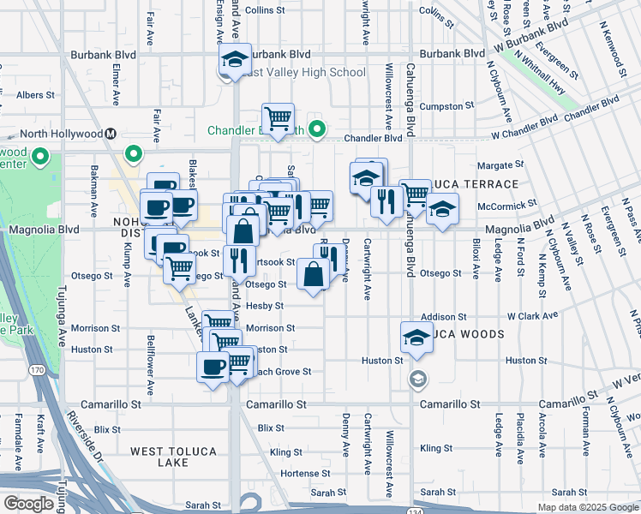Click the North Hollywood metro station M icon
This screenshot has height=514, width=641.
tap(111, 134)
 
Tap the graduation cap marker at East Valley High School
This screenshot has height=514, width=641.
tap(232, 59)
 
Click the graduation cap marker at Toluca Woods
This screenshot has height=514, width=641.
tap(416, 337)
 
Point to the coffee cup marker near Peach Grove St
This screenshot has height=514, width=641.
tap(212, 367)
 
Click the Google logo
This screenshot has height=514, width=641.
tap(28, 504)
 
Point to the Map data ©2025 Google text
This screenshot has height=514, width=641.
tap(587, 507)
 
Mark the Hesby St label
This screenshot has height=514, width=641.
tap(264, 305)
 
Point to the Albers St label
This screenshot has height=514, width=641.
tap(35, 95)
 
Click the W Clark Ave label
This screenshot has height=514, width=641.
tap(537, 317)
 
